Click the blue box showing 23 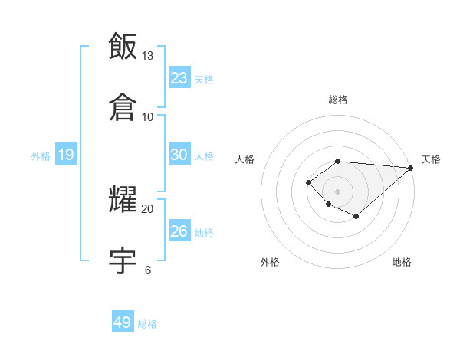pyautogui.click(x=179, y=77)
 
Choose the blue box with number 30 pyautogui.click(x=179, y=155)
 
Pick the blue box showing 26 pyautogui.click(x=179, y=231)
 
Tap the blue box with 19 pyautogui.click(x=66, y=155)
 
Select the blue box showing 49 pyautogui.click(x=123, y=322)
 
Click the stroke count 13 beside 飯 pyautogui.click(x=148, y=56)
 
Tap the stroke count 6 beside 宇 pyautogui.click(x=148, y=270)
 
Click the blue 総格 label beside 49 pyautogui.click(x=147, y=324)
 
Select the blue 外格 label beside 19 pyautogui.click(x=41, y=156)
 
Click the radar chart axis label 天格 pyautogui.click(x=431, y=159)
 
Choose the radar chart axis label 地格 pyautogui.click(x=402, y=262)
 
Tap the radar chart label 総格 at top pyautogui.click(x=338, y=100)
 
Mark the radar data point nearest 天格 pyautogui.click(x=411, y=168)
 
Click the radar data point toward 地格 pyautogui.click(x=356, y=217)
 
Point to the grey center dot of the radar pyautogui.click(x=337, y=191)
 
